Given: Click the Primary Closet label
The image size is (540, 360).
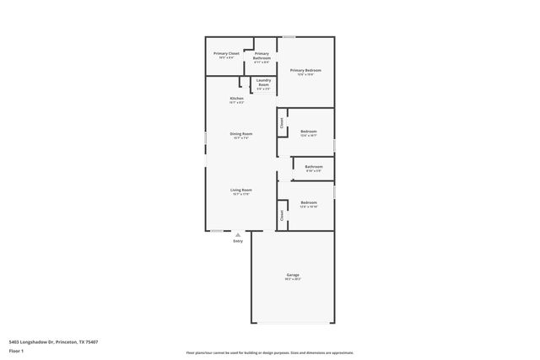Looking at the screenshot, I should click(226, 53).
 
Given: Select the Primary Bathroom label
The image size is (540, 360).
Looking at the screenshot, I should click(262, 56).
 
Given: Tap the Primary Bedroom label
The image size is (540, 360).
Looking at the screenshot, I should click(305, 70).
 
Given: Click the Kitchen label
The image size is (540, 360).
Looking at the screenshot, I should click(237, 99).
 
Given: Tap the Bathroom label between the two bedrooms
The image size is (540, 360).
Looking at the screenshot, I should click(314, 167).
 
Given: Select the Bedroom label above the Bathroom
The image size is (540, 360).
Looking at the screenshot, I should click(309, 132).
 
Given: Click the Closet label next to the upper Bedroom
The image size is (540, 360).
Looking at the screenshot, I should click(282, 124).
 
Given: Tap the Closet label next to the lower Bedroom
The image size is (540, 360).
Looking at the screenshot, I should click(282, 215).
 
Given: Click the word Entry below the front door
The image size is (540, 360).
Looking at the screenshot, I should click(238, 242).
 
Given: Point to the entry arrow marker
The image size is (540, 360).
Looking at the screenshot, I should click(238, 234).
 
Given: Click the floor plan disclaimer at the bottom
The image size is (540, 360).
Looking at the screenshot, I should click(269, 352).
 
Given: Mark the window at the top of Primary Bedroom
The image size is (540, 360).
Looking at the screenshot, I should click(289, 36).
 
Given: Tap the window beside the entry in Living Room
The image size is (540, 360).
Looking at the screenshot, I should click(217, 230).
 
